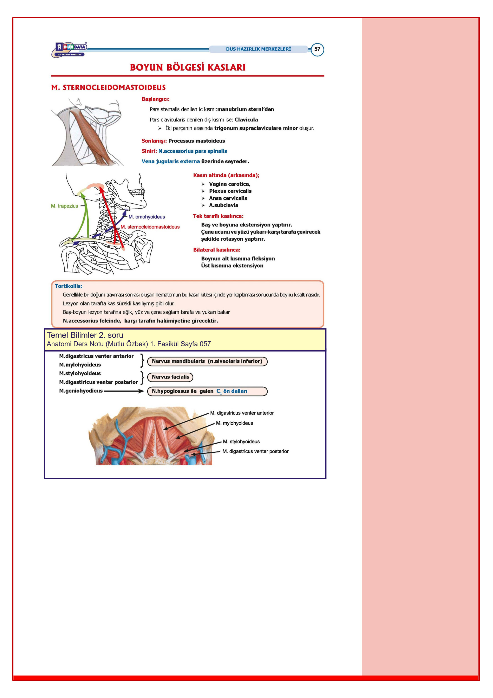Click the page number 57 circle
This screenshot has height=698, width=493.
317,49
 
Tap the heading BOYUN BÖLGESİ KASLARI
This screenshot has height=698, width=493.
188,67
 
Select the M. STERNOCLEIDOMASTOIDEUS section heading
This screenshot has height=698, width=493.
109,88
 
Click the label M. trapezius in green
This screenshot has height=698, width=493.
64,206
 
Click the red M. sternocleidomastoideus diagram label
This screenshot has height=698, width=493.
150,227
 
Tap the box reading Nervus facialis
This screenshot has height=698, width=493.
170,377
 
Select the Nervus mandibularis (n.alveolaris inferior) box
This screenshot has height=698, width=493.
207,361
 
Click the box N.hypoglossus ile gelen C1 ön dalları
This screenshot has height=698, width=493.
207,391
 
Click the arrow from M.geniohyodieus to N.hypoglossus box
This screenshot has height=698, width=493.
124,391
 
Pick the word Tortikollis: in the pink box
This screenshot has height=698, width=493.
68,286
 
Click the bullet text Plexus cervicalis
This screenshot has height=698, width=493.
230,191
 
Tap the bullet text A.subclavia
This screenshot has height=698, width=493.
223,205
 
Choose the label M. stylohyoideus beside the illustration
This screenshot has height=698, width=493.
241,442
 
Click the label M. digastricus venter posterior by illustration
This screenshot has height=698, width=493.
255,451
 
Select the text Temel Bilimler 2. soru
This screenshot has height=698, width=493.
85,335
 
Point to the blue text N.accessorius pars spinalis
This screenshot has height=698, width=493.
193,151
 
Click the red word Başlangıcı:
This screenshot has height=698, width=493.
155,99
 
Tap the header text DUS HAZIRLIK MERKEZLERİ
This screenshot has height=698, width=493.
258,49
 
